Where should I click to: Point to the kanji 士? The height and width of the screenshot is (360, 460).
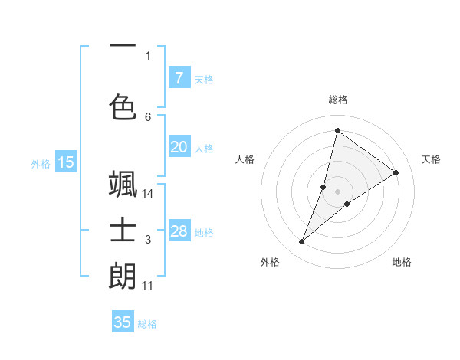tap(123, 231)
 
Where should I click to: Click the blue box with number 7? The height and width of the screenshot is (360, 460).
tap(179, 77)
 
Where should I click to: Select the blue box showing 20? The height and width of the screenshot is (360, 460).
tap(179, 147)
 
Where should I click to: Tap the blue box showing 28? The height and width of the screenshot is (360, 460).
tap(179, 231)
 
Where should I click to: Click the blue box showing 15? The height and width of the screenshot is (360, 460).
tap(66, 162)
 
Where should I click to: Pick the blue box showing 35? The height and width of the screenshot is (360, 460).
tap(123, 322)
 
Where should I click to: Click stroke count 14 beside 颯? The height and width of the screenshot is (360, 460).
tap(148, 194)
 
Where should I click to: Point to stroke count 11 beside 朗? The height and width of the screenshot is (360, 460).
tap(148, 286)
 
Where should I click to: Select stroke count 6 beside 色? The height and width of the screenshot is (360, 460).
tap(148, 116)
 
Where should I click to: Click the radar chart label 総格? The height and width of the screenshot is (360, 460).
tap(338, 100)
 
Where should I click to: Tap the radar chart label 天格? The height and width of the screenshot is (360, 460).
tap(431, 159)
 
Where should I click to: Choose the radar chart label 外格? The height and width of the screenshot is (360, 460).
tap(270, 262)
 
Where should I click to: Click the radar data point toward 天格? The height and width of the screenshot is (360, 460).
tap(396, 172)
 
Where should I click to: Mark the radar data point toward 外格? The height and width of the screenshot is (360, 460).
tap(302, 242)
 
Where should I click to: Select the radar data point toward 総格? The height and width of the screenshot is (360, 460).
tap(337, 130)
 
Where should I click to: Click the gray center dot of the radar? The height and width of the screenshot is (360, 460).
tap(338, 191)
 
